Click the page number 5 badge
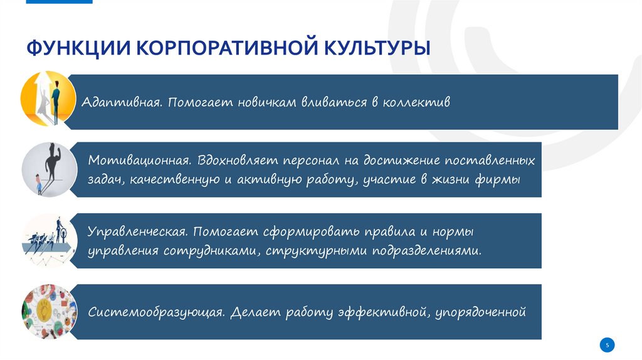point(608,344)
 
